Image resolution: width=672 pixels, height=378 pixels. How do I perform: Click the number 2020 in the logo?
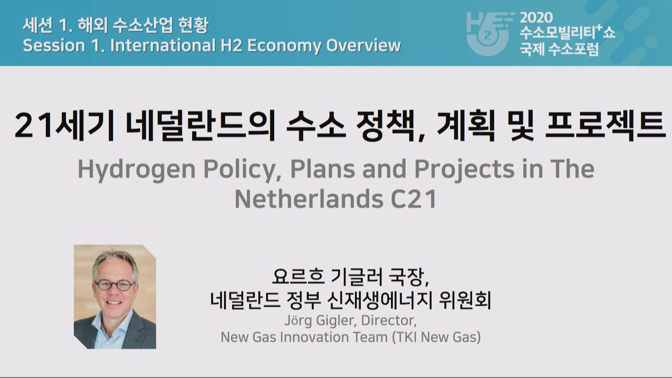tap(536, 17)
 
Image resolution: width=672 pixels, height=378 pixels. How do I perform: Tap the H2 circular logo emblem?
tap(488, 34)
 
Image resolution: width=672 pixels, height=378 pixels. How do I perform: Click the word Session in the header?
tap(54, 45)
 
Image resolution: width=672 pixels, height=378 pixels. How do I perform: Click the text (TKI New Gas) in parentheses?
tap(436, 337)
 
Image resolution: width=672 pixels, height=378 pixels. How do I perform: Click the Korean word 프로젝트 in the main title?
tap(605, 125)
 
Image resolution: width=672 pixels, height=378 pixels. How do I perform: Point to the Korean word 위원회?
tap(465, 300)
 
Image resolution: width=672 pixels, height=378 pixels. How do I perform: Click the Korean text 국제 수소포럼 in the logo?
tap(559, 49)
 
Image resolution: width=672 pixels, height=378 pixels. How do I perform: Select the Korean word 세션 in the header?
tap(37, 25)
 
